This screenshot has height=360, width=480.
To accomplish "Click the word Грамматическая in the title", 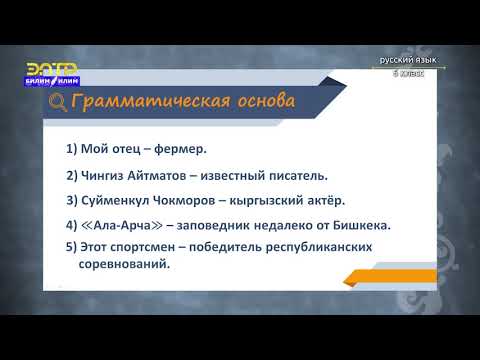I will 145,102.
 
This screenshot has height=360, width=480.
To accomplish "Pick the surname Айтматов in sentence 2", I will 164,175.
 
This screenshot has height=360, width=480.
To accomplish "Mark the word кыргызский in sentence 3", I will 270,200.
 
